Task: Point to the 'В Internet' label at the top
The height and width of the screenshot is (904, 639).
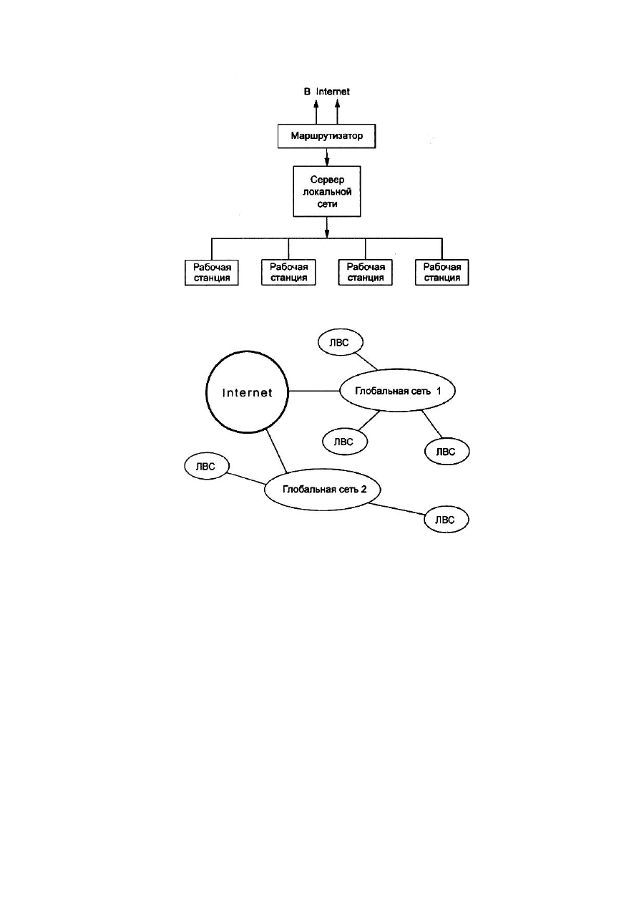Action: click(x=327, y=92)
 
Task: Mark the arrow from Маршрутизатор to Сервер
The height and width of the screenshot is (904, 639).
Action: click(x=327, y=157)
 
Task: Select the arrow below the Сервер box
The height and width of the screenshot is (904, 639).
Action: click(x=327, y=228)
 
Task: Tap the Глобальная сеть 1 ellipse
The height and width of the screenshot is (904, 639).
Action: click(x=340, y=391)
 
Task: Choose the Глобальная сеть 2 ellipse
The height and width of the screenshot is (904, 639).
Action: click(x=265, y=489)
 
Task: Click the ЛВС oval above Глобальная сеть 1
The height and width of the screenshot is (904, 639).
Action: click(x=318, y=342)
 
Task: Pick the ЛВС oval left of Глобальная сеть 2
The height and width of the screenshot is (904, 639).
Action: click(x=185, y=466)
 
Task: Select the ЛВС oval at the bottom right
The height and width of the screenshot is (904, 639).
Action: click(x=425, y=520)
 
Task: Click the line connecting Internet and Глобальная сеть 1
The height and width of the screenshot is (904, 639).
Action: click(x=314, y=391)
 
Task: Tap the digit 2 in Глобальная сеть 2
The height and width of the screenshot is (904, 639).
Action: click(x=364, y=489)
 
